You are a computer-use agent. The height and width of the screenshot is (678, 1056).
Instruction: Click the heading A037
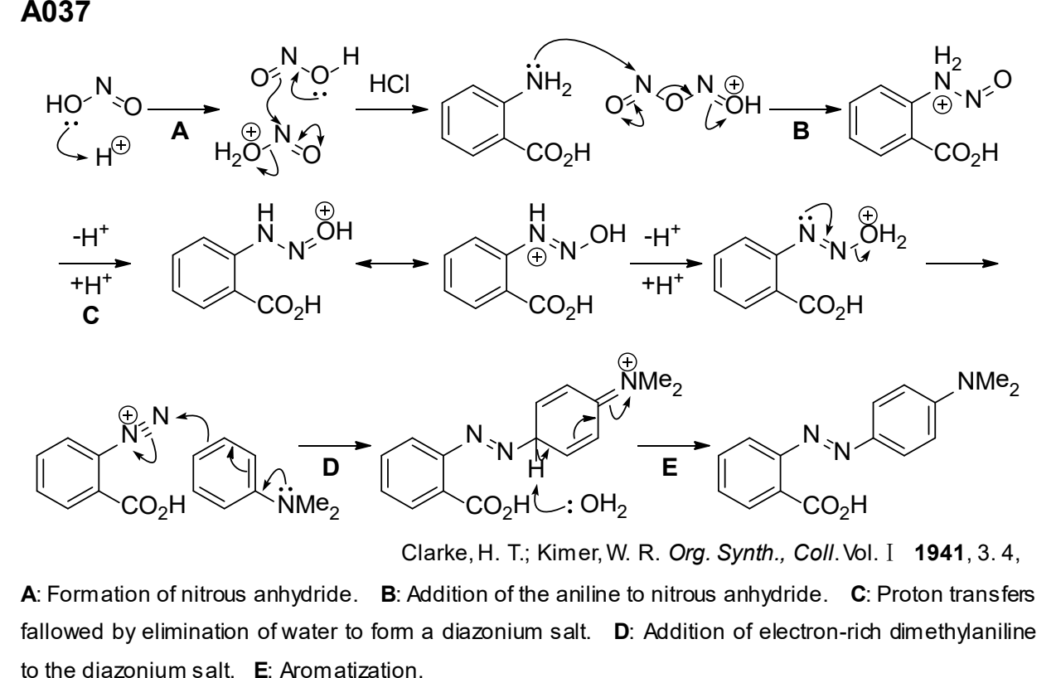coord(56,12)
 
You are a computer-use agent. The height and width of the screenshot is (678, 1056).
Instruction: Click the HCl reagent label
coord(390,84)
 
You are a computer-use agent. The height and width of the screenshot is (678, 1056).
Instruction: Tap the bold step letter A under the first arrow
coord(180,131)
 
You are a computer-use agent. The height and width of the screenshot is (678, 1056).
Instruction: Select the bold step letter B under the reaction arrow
coord(801,131)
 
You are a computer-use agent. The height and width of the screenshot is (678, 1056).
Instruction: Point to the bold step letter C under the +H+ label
coord(90,315)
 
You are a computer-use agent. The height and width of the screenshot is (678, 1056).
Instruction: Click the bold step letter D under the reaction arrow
coord(331,467)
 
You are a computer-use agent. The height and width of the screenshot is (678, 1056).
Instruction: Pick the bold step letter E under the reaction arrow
coord(670,467)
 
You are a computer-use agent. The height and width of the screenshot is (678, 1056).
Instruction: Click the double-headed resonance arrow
coord(392,263)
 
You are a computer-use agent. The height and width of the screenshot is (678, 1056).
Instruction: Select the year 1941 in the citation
coord(939,553)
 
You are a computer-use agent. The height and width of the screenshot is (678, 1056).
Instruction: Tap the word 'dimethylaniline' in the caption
coord(962,632)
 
